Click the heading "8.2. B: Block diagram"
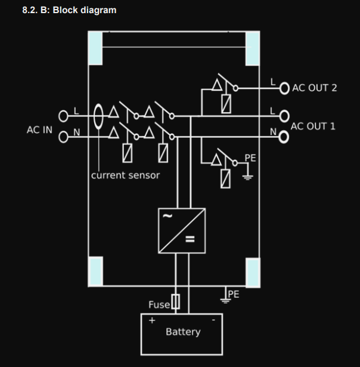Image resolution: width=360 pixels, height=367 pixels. [x=69, y=10]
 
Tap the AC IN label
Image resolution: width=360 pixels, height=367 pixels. [x=39, y=130]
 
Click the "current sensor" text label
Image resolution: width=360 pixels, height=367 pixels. [x=125, y=175]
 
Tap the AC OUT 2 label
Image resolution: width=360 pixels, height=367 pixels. [x=315, y=88]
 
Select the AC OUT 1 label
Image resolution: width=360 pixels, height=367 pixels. [x=313, y=127]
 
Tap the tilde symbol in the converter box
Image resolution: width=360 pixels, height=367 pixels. [x=167, y=216]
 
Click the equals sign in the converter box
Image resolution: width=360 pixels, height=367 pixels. [x=190, y=239]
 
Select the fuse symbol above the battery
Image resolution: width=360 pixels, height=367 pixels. [x=176, y=302]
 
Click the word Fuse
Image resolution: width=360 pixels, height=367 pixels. [x=159, y=305]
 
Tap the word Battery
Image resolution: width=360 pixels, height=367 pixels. [x=183, y=332]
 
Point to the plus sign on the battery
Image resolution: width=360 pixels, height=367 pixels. [x=152, y=320]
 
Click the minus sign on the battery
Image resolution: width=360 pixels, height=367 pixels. [x=213, y=320]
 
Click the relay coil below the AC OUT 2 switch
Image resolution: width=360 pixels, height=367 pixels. [x=226, y=104]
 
